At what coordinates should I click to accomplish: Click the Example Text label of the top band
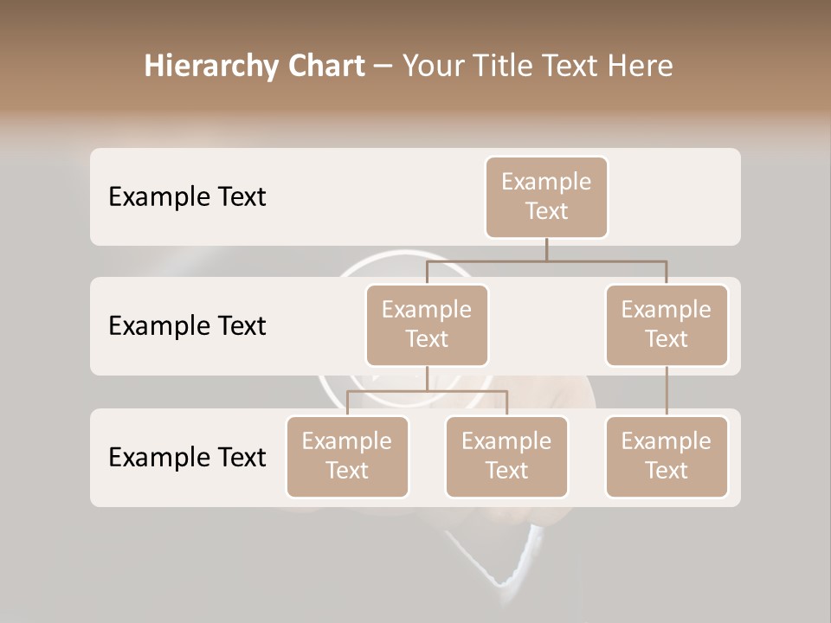tap(187, 196)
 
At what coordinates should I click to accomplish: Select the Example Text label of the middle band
tap(187, 325)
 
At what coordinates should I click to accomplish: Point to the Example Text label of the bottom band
tap(187, 457)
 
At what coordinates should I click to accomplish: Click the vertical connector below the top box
tap(546, 249)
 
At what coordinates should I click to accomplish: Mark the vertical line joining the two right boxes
tap(667, 391)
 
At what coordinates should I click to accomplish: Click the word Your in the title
tap(433, 67)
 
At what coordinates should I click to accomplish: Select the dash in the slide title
tap(383, 67)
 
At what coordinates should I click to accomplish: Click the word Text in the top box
tap(546, 211)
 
